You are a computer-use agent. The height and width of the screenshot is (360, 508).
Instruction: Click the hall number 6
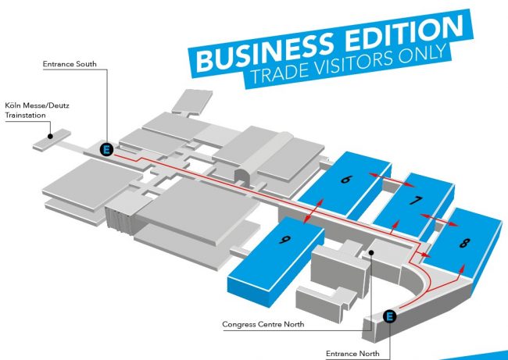[345, 179]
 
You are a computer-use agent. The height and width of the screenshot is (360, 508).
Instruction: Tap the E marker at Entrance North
[390, 316]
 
